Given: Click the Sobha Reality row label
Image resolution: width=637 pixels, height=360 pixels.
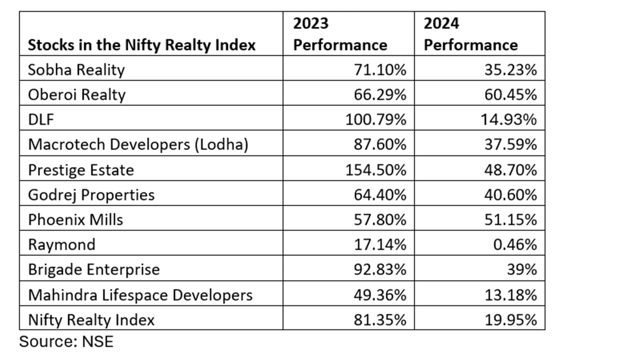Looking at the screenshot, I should (x=76, y=70).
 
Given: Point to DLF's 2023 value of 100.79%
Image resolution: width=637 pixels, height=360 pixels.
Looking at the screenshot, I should (x=375, y=119).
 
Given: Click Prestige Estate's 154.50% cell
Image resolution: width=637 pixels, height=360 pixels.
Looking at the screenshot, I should (x=375, y=170).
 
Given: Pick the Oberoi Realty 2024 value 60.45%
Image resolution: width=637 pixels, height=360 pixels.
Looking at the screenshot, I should (x=510, y=95).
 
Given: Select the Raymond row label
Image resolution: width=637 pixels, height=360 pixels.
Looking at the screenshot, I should (x=62, y=244).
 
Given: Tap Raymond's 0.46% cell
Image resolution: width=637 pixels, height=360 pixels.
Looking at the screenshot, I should (x=515, y=244).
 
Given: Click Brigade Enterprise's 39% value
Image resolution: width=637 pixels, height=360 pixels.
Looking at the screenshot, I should (x=522, y=270).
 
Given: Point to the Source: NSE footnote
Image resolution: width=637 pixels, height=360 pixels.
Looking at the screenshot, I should (x=66, y=342).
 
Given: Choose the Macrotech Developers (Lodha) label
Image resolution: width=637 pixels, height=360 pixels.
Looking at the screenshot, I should (x=138, y=144).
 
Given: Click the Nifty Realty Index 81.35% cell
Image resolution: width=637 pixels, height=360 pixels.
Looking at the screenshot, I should (x=380, y=320).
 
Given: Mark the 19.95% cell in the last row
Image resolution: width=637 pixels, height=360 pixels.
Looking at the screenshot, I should (x=510, y=320).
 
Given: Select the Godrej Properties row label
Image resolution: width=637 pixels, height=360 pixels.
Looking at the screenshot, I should (x=91, y=195).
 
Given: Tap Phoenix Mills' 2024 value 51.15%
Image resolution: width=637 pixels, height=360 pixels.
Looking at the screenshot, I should (x=510, y=219).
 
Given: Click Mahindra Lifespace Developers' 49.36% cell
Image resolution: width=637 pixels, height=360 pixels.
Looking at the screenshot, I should (x=380, y=295).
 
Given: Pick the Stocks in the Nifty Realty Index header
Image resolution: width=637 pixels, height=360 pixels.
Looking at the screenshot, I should (x=141, y=45).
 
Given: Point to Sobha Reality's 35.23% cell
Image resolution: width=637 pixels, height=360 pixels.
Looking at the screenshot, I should (x=510, y=70).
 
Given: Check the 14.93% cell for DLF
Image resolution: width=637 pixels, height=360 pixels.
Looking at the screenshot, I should (x=508, y=119).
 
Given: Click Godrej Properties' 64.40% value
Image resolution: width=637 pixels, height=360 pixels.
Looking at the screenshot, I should (x=380, y=195).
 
